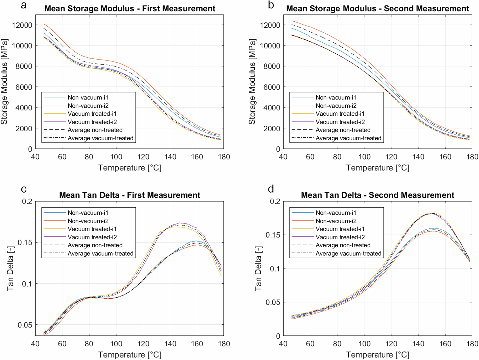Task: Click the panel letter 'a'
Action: pos(24,5)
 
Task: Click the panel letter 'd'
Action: pos(271,189)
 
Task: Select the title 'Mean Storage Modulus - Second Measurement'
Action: pos(377,8)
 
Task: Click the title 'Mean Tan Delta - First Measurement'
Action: pos(129,195)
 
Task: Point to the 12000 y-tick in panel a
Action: pos(22,25)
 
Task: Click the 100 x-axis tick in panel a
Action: pos(116,157)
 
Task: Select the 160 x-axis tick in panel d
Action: pos(445,344)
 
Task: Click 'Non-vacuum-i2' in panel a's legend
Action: pos(88,106)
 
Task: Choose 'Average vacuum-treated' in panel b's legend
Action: pos(348,138)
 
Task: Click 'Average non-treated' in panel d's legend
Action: pos(343,245)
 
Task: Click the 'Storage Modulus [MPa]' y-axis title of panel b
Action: pos(252,82)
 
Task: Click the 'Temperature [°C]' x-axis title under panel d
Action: pos(377,355)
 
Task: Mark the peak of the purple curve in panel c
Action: pos(180,223)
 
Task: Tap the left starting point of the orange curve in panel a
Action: pos(44,24)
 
